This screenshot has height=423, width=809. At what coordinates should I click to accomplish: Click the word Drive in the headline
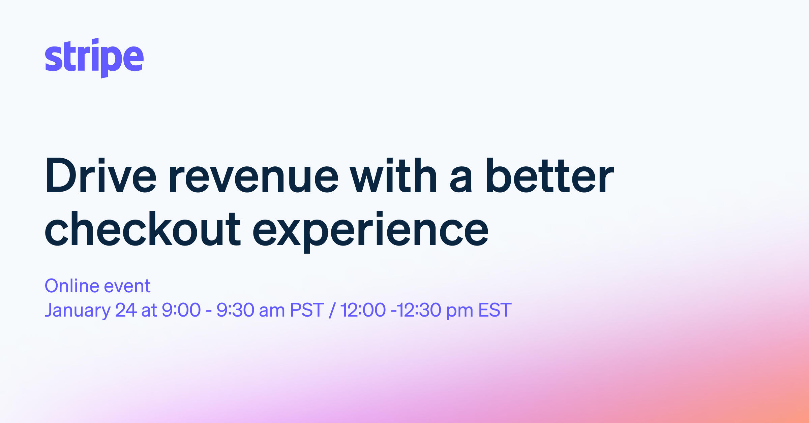[100, 176]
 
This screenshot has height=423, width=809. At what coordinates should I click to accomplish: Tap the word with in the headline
[393, 176]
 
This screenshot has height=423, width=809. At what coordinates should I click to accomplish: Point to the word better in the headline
[549, 176]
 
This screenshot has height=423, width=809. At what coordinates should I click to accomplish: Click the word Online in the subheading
[71, 286]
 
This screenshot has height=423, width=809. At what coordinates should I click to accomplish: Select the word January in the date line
[78, 310]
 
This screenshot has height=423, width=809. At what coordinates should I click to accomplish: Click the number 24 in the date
[126, 310]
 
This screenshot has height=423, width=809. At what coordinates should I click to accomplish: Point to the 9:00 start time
[181, 310]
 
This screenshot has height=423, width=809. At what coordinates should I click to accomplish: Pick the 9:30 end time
[235, 310]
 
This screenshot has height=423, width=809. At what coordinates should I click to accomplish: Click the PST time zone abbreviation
[307, 310]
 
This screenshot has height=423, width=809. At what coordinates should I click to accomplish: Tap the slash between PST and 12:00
[332, 310]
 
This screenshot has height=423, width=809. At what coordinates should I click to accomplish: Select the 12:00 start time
[363, 310]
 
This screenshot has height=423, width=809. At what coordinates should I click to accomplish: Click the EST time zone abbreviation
[495, 310]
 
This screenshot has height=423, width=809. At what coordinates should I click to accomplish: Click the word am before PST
[272, 311]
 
